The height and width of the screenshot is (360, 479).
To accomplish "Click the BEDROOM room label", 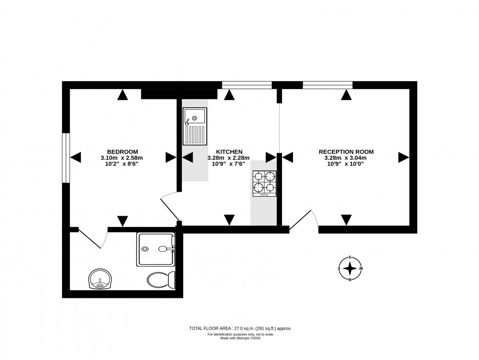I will pos(122,152).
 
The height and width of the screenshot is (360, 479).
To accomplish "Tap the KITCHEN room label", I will pos(229,152).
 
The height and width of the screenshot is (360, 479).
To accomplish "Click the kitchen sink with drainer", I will pos(195,126).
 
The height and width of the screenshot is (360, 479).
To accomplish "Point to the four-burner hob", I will pos(264,184).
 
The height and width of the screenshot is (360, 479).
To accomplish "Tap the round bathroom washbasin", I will pos(101,279).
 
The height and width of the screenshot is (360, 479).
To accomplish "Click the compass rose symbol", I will pos(350,269).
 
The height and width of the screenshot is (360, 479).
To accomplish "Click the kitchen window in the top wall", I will pos(246,85).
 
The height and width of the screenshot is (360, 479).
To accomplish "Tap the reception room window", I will pos(327,85).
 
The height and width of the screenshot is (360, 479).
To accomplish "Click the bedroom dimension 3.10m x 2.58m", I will pos(122,158).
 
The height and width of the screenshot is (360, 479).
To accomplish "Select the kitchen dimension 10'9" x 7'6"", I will pos(228,164).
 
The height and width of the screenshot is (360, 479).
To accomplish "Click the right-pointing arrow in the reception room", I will pos(403,157).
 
